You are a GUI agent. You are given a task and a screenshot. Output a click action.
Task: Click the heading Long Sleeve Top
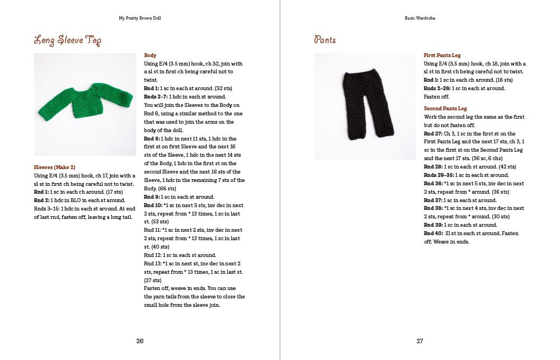tap(67, 40)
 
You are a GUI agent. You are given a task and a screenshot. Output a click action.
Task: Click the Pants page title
tap(325, 40)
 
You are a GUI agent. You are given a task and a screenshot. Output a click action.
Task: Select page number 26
tap(139, 341)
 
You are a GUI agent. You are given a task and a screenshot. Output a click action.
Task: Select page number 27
tap(419, 341)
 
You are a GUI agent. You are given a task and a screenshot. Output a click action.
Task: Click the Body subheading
tap(150, 55)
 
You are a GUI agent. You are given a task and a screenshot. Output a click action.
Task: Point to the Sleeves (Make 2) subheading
tap(54, 167)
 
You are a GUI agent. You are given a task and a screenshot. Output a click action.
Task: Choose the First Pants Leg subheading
tap(442, 55)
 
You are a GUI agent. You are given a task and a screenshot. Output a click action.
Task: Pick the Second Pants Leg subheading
tap(445, 109)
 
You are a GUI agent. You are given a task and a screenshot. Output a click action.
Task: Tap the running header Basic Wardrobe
tap(420, 18)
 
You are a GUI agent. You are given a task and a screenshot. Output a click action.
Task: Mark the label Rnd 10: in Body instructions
tap(153, 205)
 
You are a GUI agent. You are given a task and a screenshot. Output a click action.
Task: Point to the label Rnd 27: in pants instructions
tap(433, 133)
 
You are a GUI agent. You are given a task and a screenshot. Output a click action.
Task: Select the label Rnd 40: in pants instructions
tap(433, 233)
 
